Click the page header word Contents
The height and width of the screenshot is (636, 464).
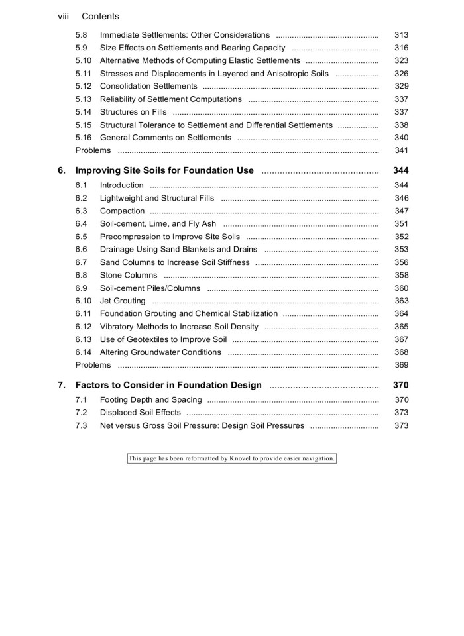100,16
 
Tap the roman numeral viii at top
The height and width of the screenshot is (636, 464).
64,16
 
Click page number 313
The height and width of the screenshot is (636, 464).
401,34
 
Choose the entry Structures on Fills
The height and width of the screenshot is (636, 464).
133,112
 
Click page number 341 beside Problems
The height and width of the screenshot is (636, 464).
401,150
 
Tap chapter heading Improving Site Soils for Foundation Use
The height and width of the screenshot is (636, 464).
164,170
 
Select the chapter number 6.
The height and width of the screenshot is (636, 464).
62,170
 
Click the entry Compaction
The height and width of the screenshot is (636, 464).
122,211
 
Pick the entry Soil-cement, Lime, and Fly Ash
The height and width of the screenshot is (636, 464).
158,224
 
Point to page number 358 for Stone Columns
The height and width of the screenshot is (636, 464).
401,275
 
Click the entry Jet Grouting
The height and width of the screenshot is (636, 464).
123,301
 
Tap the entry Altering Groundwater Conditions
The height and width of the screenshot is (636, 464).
160,352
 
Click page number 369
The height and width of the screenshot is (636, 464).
401,365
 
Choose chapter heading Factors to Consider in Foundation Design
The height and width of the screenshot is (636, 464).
168,385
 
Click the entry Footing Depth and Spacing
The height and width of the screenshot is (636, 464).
150,399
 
